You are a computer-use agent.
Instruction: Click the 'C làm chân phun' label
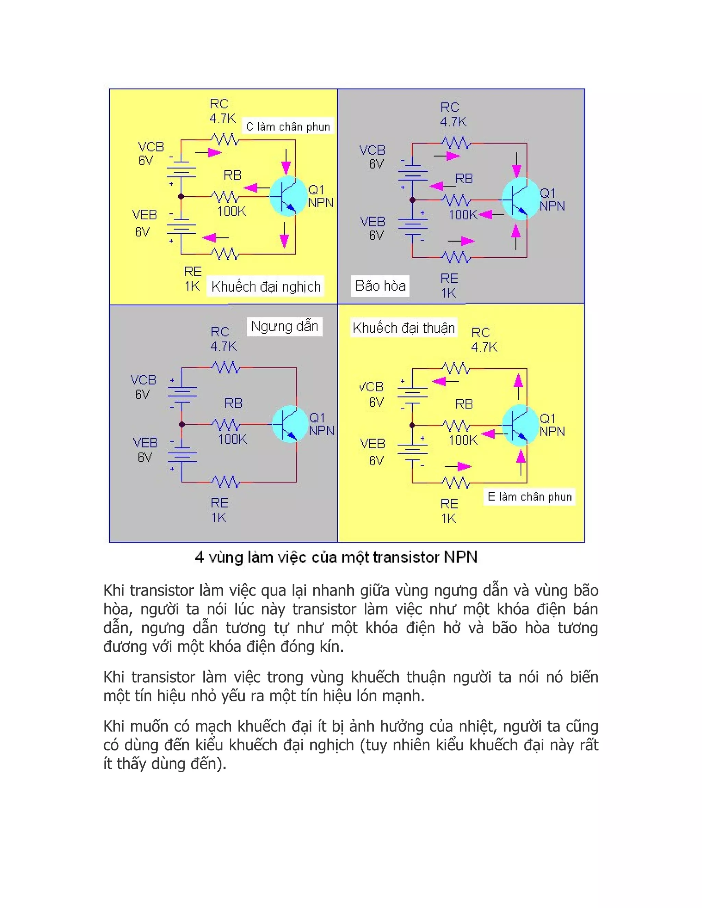pyautogui.click(x=288, y=126)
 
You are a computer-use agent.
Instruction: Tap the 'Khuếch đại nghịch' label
pyautogui.click(x=266, y=286)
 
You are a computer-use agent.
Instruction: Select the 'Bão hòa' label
pyautogui.click(x=380, y=286)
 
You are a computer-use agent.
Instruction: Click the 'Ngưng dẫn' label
pyautogui.click(x=285, y=326)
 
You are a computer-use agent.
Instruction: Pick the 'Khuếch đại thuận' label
pyautogui.click(x=403, y=328)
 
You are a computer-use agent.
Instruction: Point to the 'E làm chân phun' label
pyautogui.click(x=529, y=496)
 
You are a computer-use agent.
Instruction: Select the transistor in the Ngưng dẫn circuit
pyautogui.click(x=290, y=424)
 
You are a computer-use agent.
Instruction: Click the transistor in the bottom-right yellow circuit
pyautogui.click(x=520, y=425)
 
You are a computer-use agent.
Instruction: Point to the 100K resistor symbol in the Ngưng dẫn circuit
pyautogui.click(x=226, y=425)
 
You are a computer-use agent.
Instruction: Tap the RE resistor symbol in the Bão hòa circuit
pyautogui.click(x=456, y=257)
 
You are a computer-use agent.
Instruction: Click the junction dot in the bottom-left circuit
pyautogui.click(x=182, y=425)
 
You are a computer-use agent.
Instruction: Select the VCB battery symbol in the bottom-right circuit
pyautogui.click(x=412, y=393)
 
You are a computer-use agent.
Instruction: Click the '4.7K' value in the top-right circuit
pyautogui.click(x=453, y=122)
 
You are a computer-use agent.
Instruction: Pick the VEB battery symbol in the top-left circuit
pyautogui.click(x=181, y=227)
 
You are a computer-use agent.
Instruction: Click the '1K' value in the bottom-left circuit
pyautogui.click(x=219, y=518)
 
